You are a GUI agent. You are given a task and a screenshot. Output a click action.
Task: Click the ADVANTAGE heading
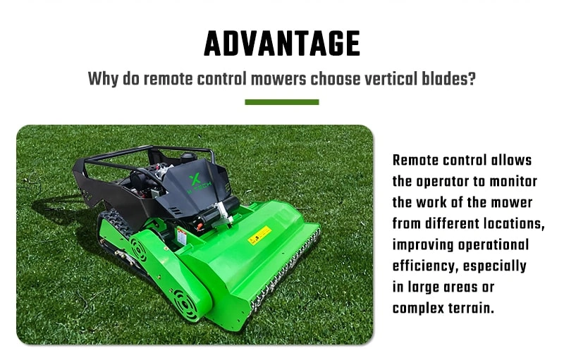(282, 44)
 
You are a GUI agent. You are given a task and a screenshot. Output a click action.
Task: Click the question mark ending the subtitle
(472, 79)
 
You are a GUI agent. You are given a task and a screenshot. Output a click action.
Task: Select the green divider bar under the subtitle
(282, 102)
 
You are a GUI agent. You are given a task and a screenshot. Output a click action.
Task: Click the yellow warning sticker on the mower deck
(259, 235)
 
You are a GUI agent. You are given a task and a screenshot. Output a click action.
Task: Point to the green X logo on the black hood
(195, 178)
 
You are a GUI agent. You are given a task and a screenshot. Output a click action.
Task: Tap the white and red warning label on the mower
(181, 237)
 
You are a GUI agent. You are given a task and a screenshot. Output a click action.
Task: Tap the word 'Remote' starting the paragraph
(415, 160)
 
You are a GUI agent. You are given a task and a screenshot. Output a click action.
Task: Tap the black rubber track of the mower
(116, 223)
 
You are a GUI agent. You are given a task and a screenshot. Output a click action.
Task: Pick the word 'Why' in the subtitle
(103, 79)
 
